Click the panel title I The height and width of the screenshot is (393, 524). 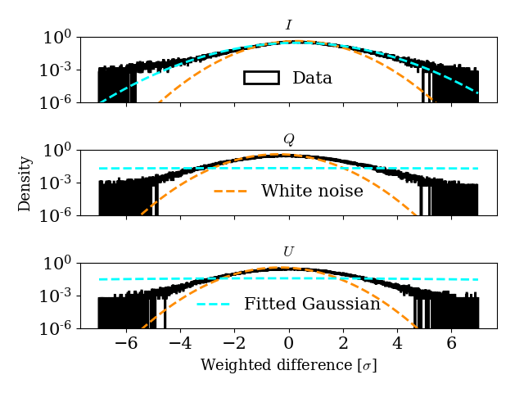(288, 25)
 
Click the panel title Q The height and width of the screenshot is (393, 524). (288, 138)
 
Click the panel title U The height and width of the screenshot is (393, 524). (288, 251)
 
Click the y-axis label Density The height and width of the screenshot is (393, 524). (25, 183)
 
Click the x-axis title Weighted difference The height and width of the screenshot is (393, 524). (288, 365)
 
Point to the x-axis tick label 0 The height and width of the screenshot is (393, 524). (288, 344)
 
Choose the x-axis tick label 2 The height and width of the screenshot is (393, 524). (342, 344)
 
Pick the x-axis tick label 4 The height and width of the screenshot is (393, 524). (397, 344)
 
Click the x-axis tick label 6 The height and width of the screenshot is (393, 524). (451, 344)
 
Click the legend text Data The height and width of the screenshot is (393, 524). (312, 79)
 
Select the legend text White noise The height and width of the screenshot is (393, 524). (312, 192)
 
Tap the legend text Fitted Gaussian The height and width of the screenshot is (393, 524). (312, 305)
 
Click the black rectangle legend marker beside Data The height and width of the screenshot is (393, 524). (261, 78)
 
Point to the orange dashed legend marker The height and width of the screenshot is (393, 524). (230, 191)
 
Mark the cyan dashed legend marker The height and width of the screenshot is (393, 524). (213, 304)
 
